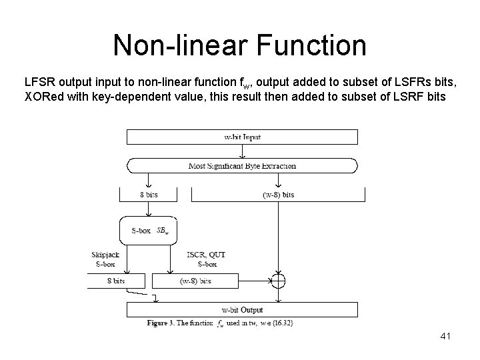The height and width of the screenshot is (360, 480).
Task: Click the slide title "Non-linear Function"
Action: click(x=239, y=45)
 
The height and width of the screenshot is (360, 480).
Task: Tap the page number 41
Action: click(x=446, y=337)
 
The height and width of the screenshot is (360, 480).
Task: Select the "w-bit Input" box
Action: click(x=242, y=137)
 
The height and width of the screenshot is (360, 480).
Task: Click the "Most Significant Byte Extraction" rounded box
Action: click(x=242, y=165)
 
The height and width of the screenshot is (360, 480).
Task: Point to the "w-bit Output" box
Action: click(x=242, y=310)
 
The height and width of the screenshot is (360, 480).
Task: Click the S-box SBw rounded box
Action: click(x=148, y=231)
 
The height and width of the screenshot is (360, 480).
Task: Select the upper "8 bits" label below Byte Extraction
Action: click(x=148, y=195)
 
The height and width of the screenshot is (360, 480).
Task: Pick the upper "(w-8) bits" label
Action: click(x=278, y=195)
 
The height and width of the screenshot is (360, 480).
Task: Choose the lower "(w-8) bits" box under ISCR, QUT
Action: click(x=195, y=281)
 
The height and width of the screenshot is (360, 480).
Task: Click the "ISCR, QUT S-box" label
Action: click(x=205, y=259)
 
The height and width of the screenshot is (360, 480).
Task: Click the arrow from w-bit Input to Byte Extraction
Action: click(x=242, y=151)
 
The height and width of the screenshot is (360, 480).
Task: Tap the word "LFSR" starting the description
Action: click(x=39, y=82)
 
